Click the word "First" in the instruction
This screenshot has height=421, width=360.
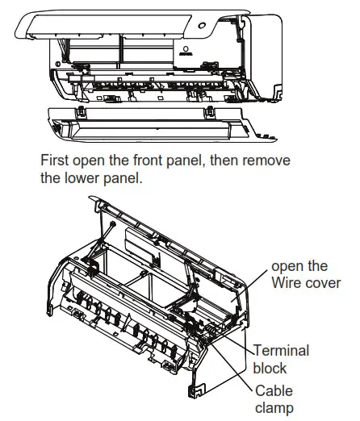point(57,160)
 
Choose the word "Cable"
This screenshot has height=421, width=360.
point(275,390)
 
